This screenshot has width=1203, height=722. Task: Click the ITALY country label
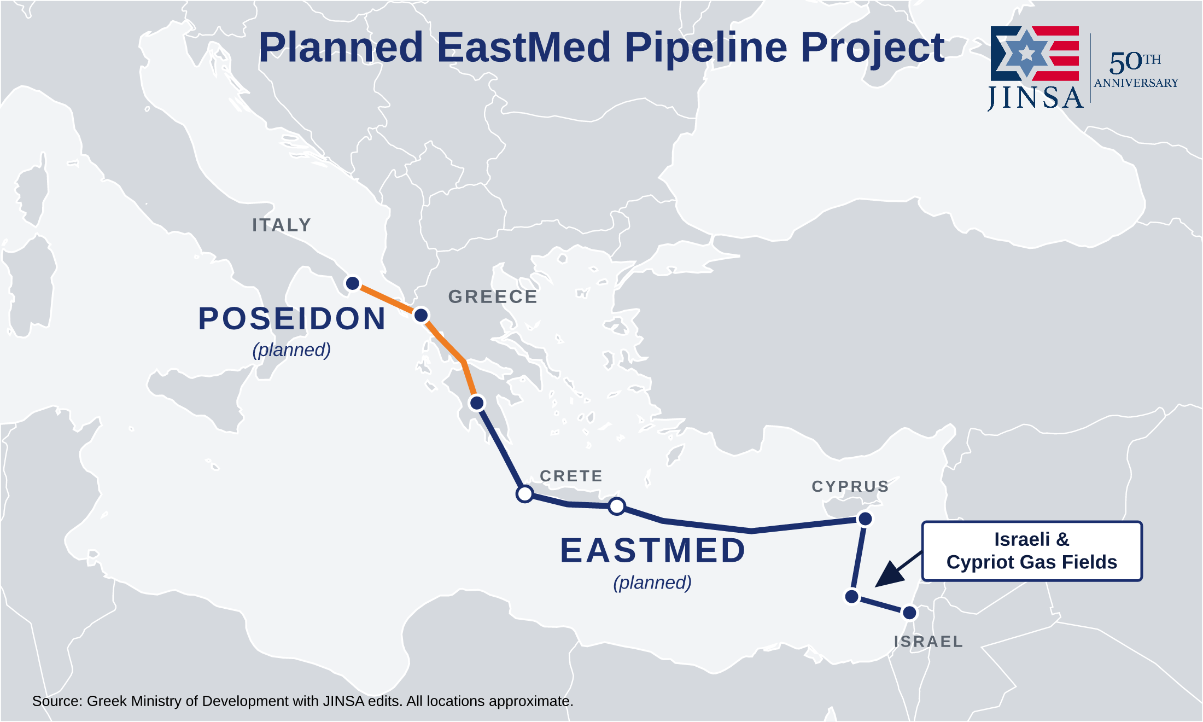point(282,225)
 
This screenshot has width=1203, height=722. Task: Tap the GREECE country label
point(493,296)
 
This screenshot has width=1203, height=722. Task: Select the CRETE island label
point(571,476)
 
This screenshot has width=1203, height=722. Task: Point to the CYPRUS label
point(850,486)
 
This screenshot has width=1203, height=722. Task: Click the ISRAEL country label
point(928,642)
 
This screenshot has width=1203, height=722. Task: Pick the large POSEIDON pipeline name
point(292,318)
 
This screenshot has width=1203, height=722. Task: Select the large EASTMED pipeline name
point(653,550)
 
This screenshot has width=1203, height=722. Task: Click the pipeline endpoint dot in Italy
point(353,283)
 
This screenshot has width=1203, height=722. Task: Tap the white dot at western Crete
point(525,494)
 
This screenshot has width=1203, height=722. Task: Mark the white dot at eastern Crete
point(617,506)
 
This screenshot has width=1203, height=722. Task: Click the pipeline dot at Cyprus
point(865,519)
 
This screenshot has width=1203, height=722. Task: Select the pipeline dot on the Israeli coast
point(909,613)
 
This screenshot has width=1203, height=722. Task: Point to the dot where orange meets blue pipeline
point(477,403)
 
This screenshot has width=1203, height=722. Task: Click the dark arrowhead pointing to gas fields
point(888,575)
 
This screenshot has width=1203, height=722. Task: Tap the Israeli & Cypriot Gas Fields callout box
point(1032,551)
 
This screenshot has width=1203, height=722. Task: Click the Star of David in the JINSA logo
point(1027,53)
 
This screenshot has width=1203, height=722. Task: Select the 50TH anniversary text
point(1135,62)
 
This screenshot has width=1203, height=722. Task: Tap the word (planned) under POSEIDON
point(291,350)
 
